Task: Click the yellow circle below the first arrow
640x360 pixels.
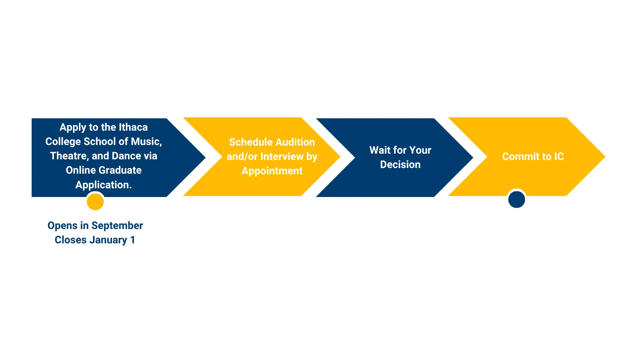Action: click(95, 202)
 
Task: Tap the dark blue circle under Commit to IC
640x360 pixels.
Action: click(517, 199)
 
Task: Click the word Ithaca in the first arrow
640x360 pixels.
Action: click(133, 127)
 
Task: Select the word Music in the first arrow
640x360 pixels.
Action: click(146, 142)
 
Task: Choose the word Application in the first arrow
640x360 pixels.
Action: click(103, 185)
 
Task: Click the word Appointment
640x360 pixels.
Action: click(272, 171)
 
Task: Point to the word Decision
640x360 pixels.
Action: click(400, 165)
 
